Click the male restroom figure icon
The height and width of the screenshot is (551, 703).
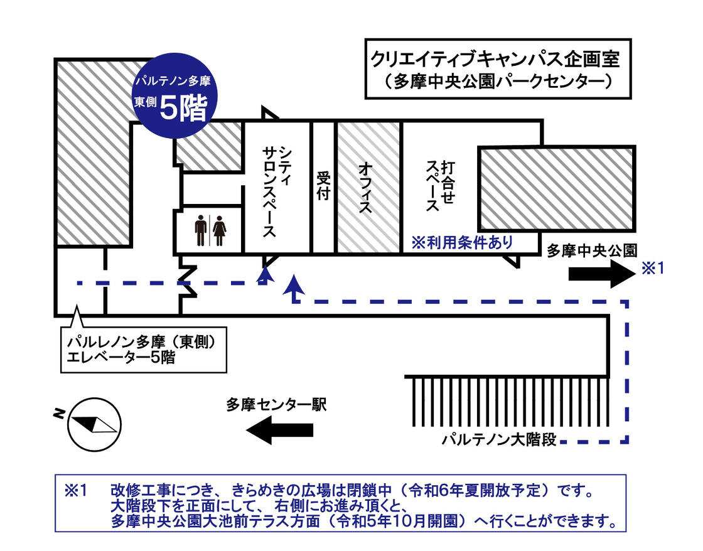(x=200, y=231)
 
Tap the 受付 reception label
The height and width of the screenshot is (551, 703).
(x=323, y=186)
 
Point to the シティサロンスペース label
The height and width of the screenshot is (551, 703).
(x=276, y=191)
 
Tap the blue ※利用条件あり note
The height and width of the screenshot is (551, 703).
(x=462, y=242)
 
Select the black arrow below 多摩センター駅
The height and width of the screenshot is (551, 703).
(x=279, y=430)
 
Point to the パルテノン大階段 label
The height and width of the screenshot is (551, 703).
(x=499, y=439)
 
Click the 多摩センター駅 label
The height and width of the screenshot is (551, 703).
(x=277, y=405)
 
